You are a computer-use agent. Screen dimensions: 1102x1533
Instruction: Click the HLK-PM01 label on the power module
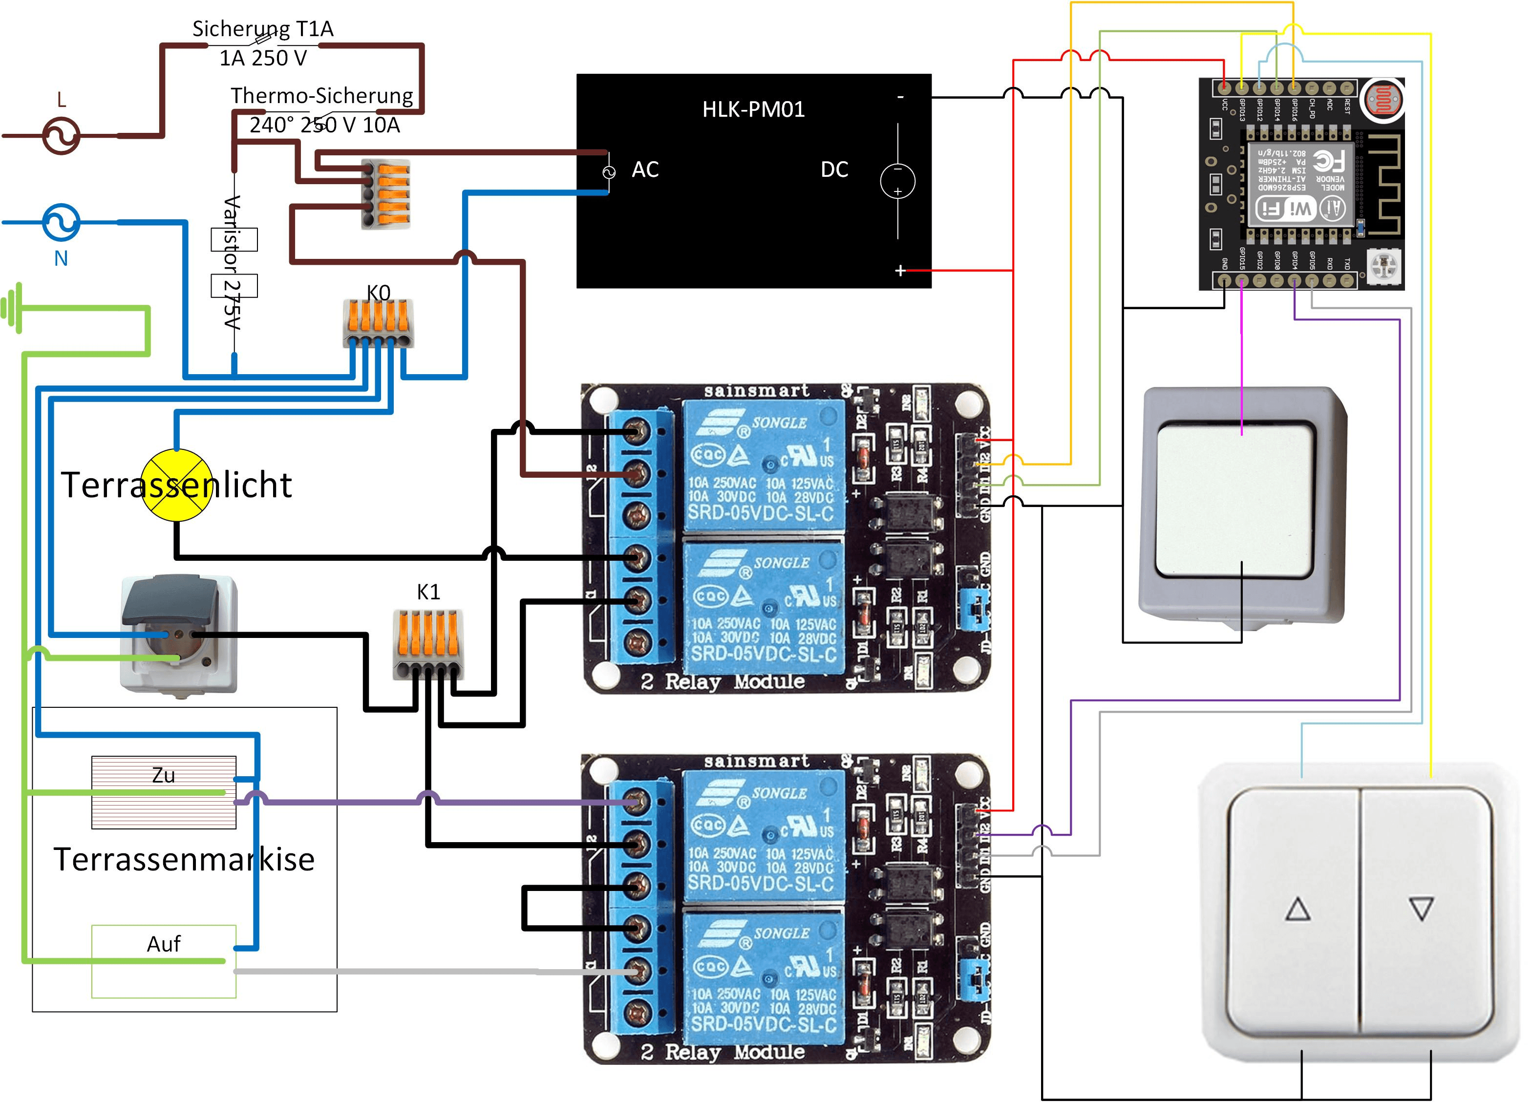(753, 109)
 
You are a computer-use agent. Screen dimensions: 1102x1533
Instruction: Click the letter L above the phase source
(62, 101)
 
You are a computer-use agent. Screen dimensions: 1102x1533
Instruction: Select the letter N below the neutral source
(61, 258)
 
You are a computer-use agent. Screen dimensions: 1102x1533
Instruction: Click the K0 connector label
(379, 293)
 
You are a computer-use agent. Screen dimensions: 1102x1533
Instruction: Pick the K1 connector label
(428, 592)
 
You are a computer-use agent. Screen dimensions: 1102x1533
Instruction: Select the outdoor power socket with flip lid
(178, 633)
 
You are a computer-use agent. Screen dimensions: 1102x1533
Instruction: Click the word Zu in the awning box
(164, 775)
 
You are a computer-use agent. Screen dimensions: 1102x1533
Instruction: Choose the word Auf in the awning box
(164, 943)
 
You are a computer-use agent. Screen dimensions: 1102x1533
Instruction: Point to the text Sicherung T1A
(263, 29)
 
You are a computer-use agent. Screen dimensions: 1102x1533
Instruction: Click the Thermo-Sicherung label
(322, 96)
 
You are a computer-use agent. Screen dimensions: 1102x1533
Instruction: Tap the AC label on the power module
(645, 170)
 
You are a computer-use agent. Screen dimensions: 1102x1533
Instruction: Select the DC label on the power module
(834, 170)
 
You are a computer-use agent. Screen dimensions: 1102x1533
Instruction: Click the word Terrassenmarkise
(184, 859)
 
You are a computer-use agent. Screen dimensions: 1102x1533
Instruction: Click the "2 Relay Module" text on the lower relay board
(723, 1051)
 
